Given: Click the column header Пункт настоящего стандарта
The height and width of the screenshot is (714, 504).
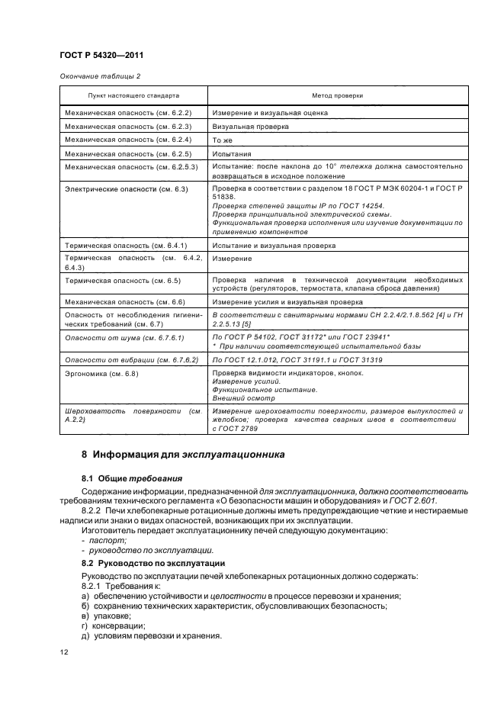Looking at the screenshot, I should (x=133, y=96).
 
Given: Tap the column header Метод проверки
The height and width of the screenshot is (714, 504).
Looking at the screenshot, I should (x=337, y=96).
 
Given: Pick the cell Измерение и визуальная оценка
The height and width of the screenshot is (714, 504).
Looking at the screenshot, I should (x=270, y=112).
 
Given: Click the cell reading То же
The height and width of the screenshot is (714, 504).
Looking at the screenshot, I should (x=222, y=140).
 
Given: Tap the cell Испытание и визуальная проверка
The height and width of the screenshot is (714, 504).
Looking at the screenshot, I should (x=274, y=246).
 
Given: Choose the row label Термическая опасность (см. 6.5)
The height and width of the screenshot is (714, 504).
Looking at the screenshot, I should (x=123, y=281).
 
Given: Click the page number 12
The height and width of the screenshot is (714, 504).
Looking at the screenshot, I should (x=64, y=652).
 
